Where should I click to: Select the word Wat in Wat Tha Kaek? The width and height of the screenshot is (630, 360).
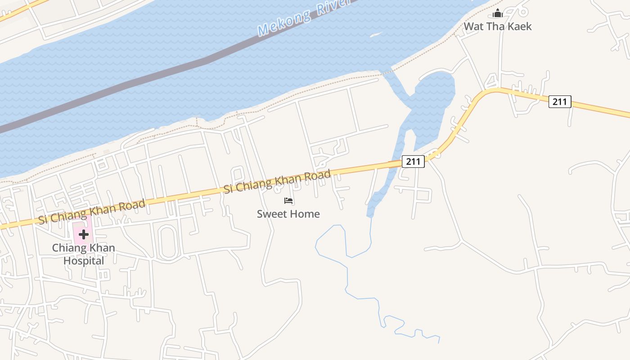(474, 27)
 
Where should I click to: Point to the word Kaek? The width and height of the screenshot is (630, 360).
(518, 27)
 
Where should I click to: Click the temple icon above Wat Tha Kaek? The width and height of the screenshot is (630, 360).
(498, 13)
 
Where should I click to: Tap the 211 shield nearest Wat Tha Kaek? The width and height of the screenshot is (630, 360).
(560, 102)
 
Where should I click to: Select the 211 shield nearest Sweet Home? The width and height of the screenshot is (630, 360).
(413, 161)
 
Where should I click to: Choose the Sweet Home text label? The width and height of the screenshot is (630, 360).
(288, 214)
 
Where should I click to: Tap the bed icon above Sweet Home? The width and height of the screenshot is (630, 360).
(288, 201)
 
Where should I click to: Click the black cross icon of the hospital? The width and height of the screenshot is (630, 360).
(84, 234)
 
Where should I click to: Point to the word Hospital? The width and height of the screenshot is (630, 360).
(84, 261)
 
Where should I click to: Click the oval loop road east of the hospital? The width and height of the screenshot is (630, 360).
(167, 243)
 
